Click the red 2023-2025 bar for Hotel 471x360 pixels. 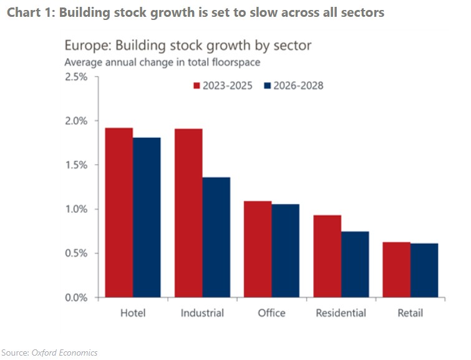point(119,212)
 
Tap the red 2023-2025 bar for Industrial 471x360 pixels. point(188,212)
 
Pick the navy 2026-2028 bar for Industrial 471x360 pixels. point(216,237)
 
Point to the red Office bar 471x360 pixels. point(258,249)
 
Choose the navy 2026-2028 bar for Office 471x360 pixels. point(285,250)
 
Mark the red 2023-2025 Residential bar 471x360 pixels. point(327,256)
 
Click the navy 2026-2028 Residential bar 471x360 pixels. point(354,264)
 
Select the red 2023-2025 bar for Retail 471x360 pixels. point(396,270)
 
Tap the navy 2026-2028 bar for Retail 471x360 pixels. point(424,270)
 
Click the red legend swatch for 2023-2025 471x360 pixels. point(197,86)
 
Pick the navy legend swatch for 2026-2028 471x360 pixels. point(268,86)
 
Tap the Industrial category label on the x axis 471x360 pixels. point(202,313)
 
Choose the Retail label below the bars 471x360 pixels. point(410,313)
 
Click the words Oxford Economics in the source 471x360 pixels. point(64,353)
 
